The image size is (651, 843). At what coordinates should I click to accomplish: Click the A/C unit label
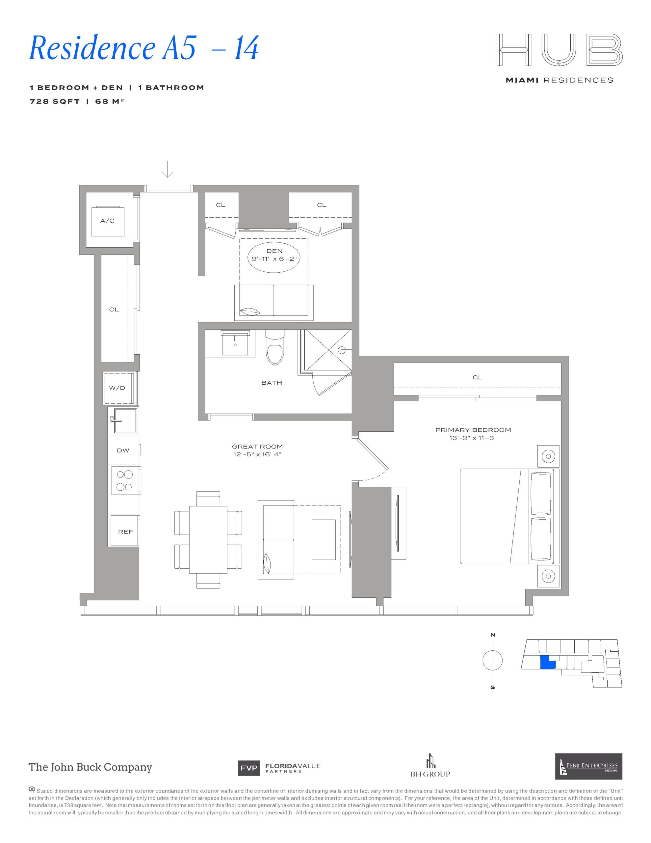(107, 221)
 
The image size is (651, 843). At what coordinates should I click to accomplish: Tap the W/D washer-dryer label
(117, 388)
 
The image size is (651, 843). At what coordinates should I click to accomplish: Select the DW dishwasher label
(123, 450)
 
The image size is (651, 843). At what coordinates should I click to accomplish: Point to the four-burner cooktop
(124, 480)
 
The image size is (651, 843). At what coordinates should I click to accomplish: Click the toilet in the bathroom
(275, 348)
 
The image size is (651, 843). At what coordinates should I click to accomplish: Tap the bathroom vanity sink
(235, 343)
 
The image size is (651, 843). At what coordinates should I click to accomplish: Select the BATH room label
(272, 383)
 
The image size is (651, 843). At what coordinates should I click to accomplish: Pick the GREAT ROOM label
(257, 447)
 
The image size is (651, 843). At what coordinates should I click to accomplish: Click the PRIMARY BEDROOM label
(473, 430)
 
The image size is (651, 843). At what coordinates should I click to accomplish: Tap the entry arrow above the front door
(167, 169)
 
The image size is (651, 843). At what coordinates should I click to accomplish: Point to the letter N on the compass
(493, 635)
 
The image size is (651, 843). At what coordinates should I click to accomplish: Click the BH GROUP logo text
(430, 774)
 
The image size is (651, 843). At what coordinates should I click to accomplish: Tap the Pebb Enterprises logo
(588, 766)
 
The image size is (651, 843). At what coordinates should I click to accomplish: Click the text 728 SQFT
(55, 101)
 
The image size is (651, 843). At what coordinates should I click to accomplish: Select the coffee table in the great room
(324, 539)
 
